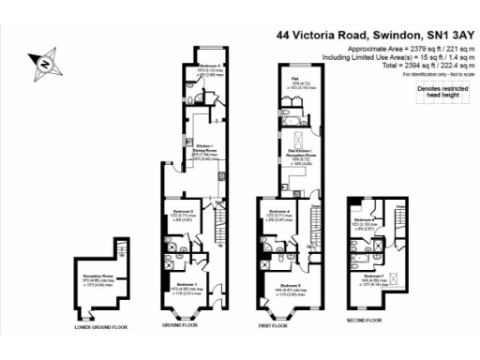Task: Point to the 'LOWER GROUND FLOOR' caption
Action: pyautogui.click(x=100, y=327)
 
